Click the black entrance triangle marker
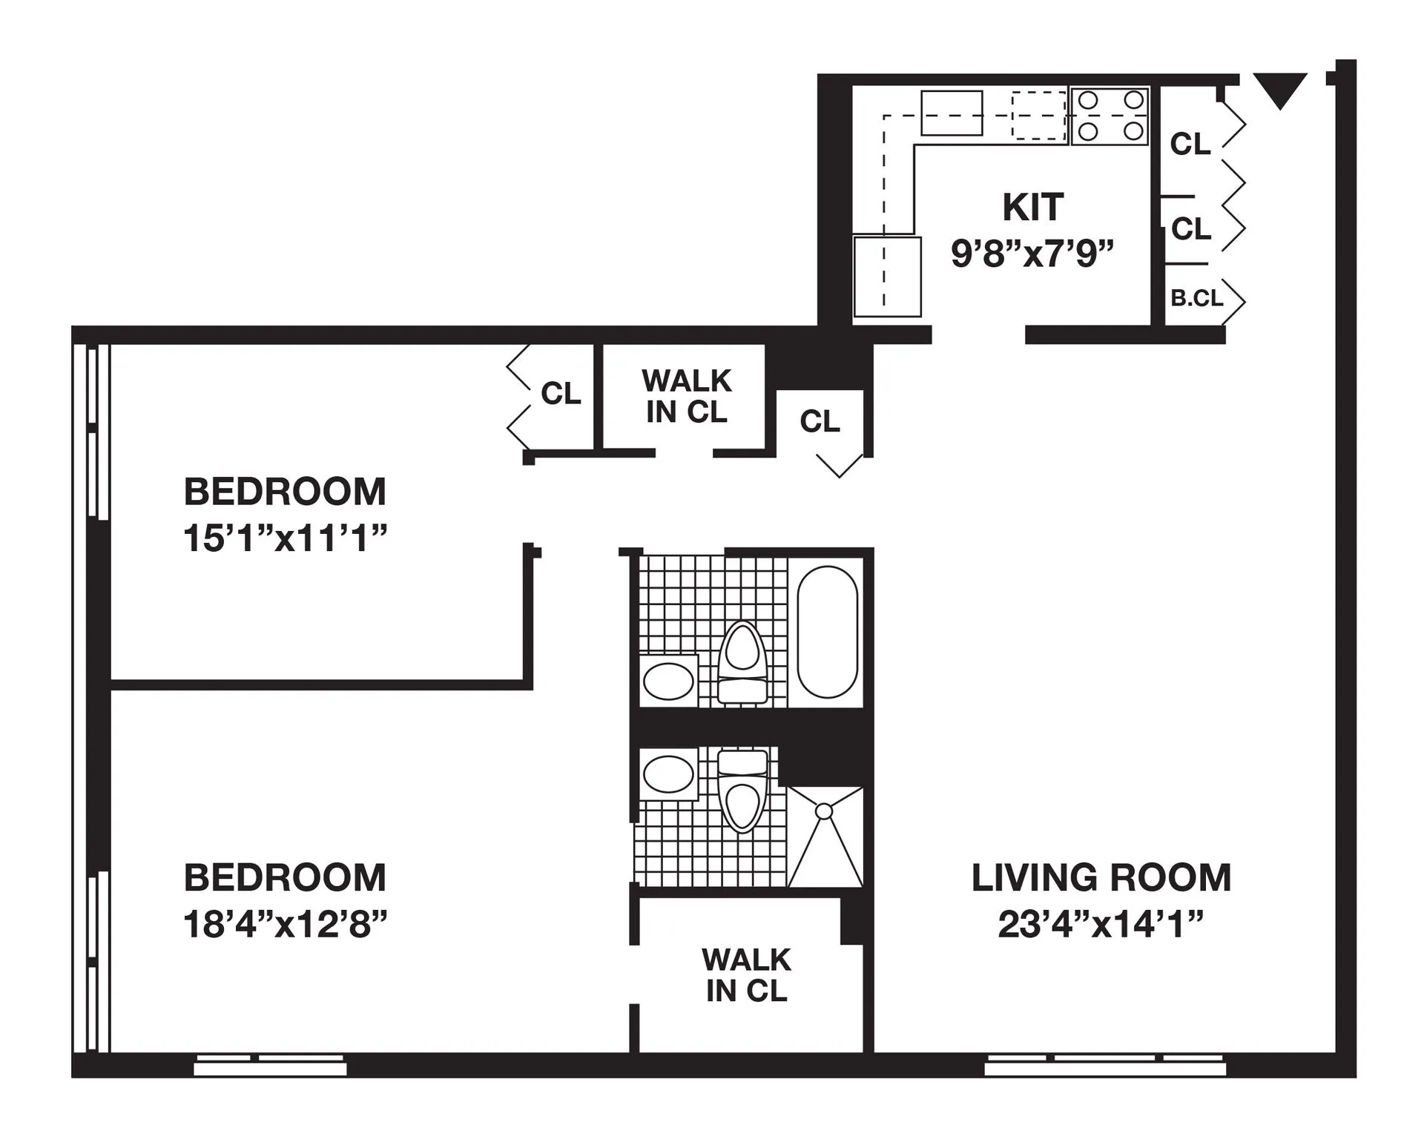click(x=1279, y=88)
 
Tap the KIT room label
click(x=1032, y=207)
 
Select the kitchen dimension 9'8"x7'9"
click(x=1032, y=254)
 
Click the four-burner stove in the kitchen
click(x=1110, y=116)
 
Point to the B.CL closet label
click(x=1196, y=298)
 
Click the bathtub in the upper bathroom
click(x=827, y=632)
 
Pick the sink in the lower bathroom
click(x=668, y=774)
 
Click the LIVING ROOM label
click(x=1101, y=878)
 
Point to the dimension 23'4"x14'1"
click(x=1101, y=925)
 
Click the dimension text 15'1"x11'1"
click(x=286, y=538)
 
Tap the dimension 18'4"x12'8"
click(x=286, y=925)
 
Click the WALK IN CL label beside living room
click(x=746, y=975)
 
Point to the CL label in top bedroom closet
click(x=561, y=394)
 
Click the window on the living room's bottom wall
click(x=1104, y=1065)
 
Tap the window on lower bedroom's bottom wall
click(x=270, y=1065)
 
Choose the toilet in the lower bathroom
click(x=742, y=791)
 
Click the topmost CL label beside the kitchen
click(x=1190, y=144)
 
